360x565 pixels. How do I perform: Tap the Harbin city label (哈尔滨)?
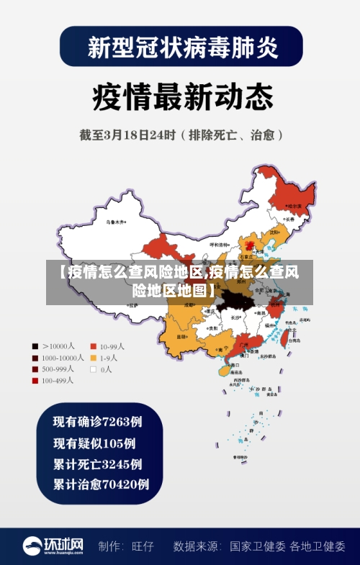[x=294, y=206]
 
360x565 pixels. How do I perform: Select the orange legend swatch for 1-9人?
[x=93, y=358]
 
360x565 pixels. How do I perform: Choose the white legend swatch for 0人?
[x=93, y=369]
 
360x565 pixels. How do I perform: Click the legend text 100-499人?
[x=58, y=381]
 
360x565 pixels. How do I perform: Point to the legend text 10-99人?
[x=112, y=346]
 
